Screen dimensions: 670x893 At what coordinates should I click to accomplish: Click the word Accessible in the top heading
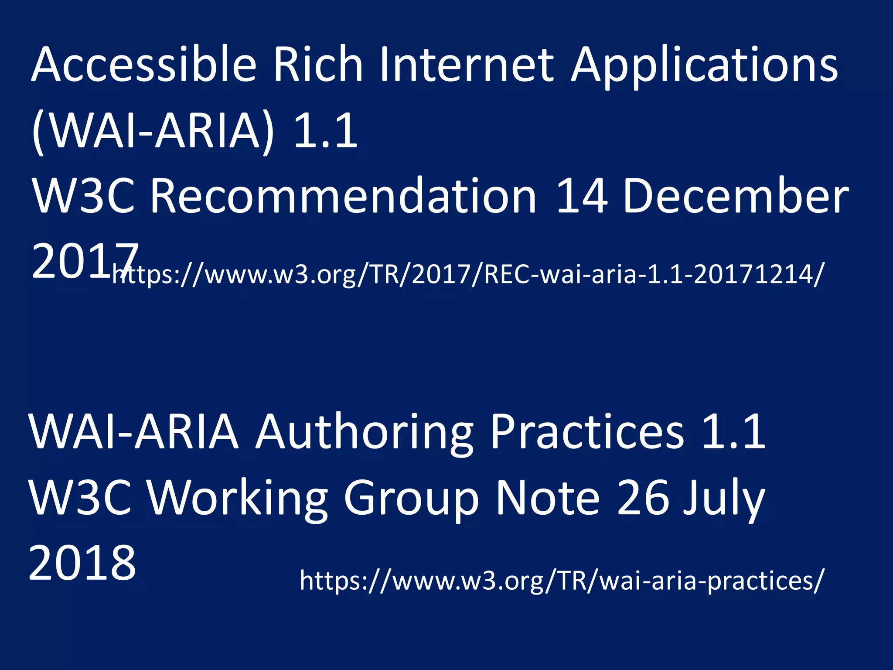click(x=144, y=65)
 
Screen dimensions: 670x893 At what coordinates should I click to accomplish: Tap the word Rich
click(x=318, y=65)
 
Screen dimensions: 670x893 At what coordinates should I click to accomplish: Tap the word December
click(x=736, y=196)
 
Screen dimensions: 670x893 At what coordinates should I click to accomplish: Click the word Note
click(x=548, y=497)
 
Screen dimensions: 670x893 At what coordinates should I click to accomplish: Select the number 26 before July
click(x=643, y=497)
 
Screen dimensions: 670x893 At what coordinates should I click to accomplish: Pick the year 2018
click(x=82, y=563)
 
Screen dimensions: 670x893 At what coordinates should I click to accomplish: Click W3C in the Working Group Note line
click(x=81, y=497)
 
